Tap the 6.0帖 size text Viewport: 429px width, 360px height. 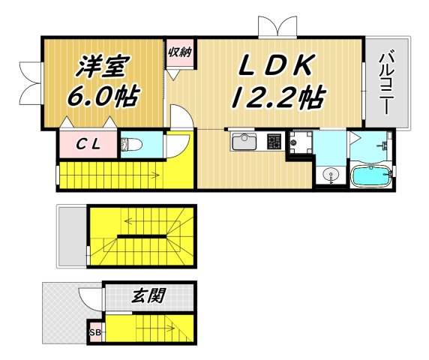point(102,97)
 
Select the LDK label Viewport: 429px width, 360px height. point(274,67)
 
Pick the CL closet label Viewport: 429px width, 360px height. point(87,142)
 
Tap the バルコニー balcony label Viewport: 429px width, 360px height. point(386,82)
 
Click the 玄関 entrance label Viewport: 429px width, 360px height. point(150,293)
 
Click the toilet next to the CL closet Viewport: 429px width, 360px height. point(132,143)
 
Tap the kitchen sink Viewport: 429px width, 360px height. point(244,141)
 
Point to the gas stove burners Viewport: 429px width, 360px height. point(274,141)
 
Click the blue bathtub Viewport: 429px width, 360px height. point(372,176)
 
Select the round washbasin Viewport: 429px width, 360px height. point(329,175)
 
